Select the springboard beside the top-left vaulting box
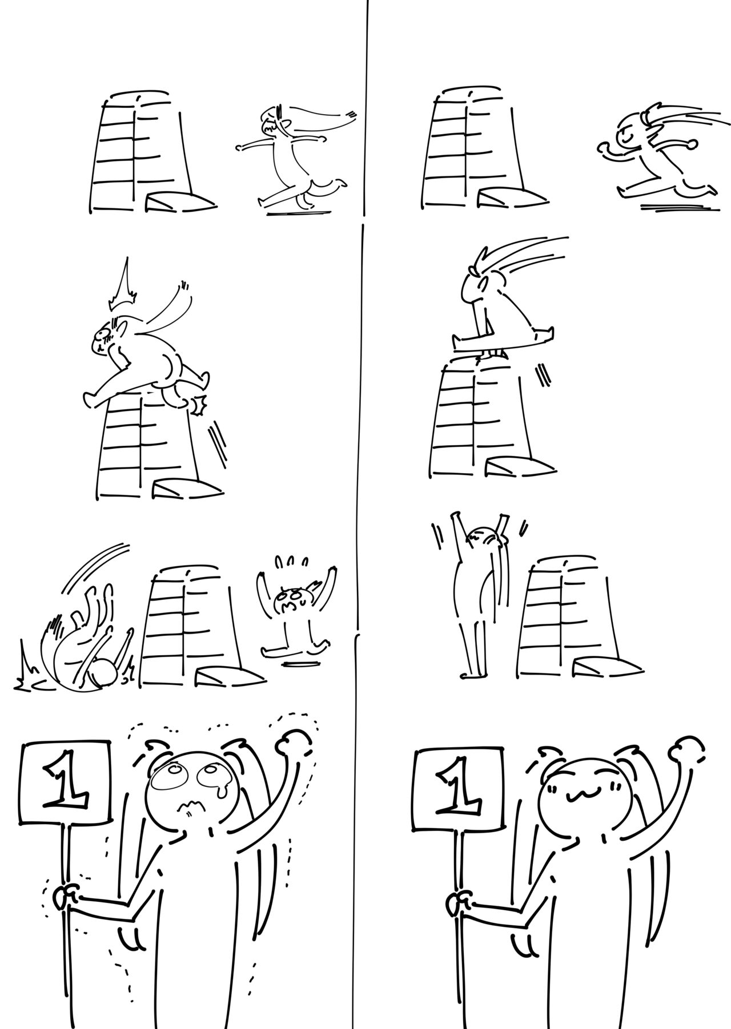coord(180,201)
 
